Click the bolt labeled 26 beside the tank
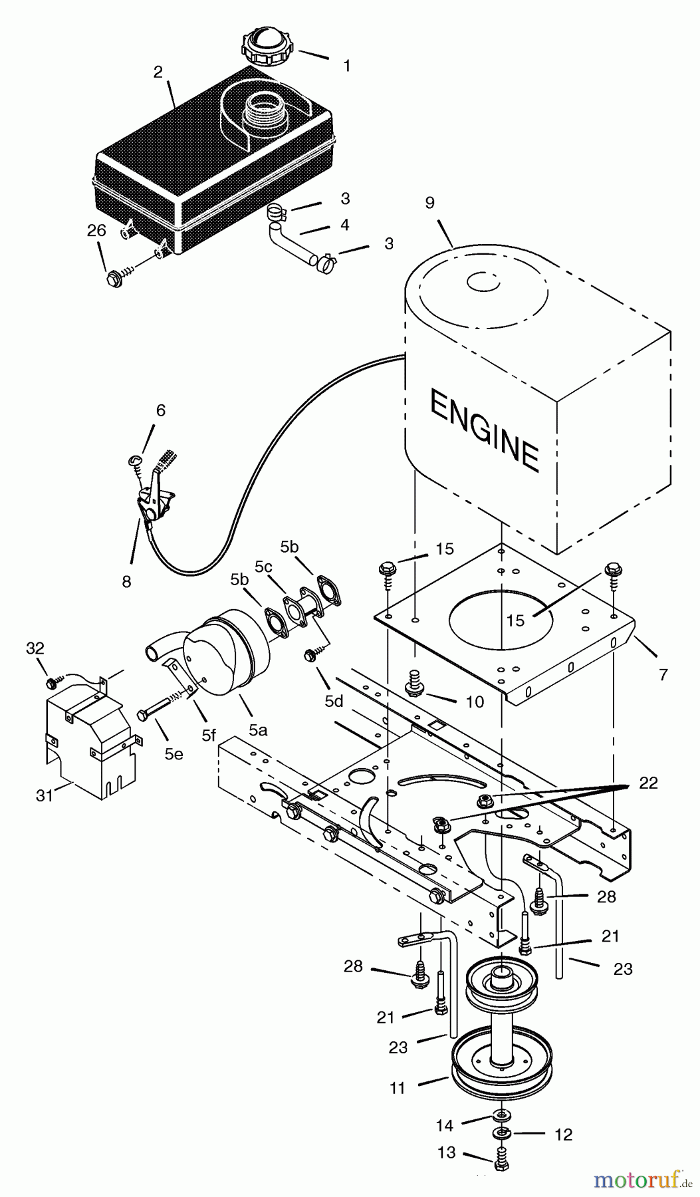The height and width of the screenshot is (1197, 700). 114,278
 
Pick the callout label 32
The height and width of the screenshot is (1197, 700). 35,648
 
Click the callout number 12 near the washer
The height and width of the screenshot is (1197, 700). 563,1134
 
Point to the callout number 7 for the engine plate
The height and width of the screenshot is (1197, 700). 663,675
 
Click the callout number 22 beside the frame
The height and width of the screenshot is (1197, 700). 647,783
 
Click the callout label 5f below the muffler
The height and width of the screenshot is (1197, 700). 209,735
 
